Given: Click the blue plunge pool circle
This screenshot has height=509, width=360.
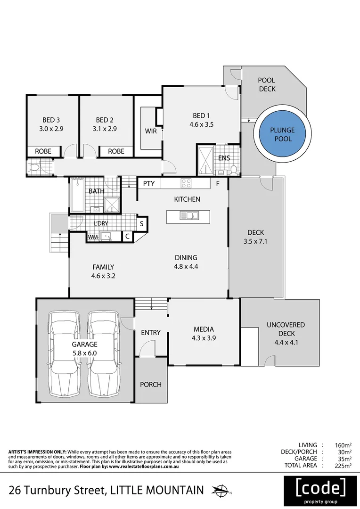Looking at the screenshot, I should [281, 135].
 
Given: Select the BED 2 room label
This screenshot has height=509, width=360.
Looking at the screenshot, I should [105, 120].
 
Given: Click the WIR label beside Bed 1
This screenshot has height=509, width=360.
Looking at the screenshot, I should [151, 131].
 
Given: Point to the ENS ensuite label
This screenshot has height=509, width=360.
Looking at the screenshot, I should [224, 158].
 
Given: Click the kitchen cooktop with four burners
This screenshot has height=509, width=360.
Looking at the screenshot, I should [186, 183].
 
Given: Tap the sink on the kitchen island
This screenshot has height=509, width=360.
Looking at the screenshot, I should [191, 216].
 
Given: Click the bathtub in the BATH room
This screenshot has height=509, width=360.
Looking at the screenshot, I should [77, 194].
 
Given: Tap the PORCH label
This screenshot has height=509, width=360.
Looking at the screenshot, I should [151, 385].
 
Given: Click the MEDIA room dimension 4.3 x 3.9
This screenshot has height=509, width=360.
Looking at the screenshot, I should [204, 337].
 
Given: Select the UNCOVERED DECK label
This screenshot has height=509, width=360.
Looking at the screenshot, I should [286, 325].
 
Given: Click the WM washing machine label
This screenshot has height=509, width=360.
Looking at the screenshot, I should [93, 237].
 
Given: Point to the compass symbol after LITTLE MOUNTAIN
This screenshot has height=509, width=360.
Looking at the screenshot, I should [221, 490].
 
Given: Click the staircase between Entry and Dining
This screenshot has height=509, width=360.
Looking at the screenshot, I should [151, 304].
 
